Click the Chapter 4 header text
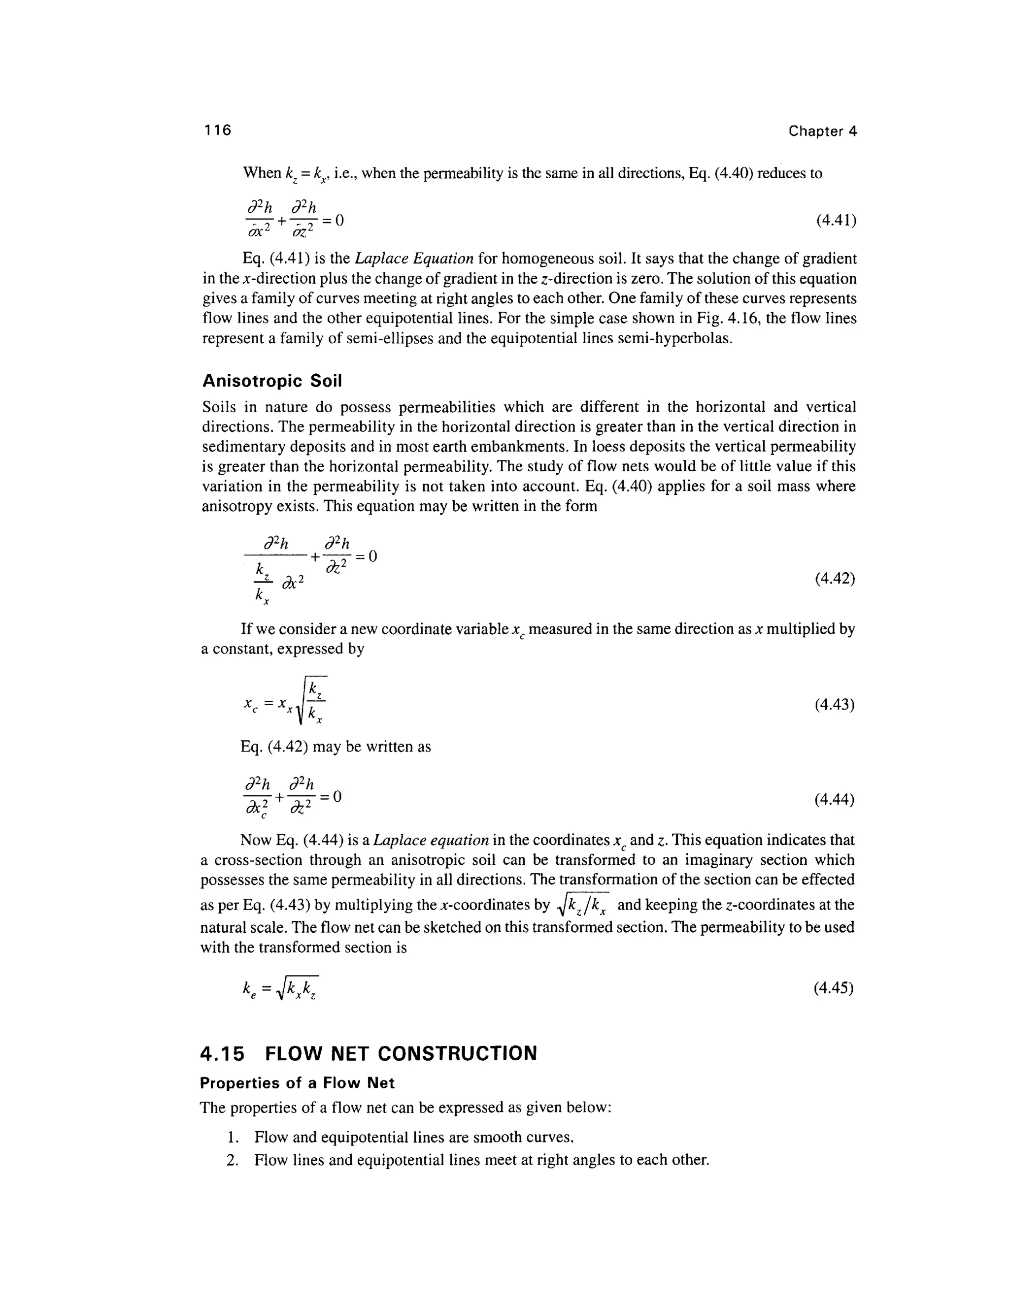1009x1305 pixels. [x=822, y=131]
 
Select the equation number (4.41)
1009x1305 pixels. [x=836, y=221]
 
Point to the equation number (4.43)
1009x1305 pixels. [x=835, y=705]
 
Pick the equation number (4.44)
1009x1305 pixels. [x=835, y=799]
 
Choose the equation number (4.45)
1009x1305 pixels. [x=834, y=988]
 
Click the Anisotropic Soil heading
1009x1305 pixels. [x=272, y=381]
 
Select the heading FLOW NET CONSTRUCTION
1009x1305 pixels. [x=401, y=1053]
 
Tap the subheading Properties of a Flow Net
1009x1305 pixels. [x=297, y=1083]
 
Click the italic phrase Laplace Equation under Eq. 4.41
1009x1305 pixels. [x=414, y=259]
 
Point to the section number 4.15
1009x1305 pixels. [x=222, y=1053]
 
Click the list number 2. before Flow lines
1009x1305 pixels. [x=233, y=1160]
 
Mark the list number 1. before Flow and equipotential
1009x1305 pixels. [x=234, y=1137]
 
